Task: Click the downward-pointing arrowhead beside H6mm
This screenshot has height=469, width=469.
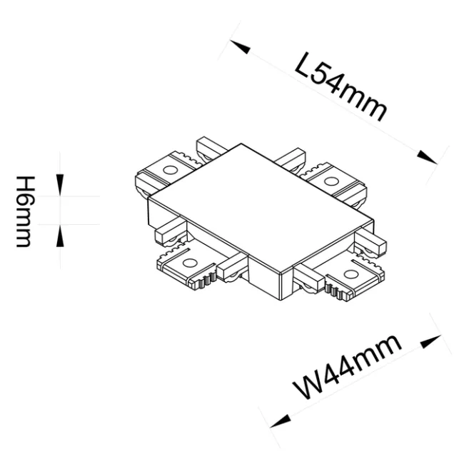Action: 60,188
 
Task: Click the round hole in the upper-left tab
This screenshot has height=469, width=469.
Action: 171,171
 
